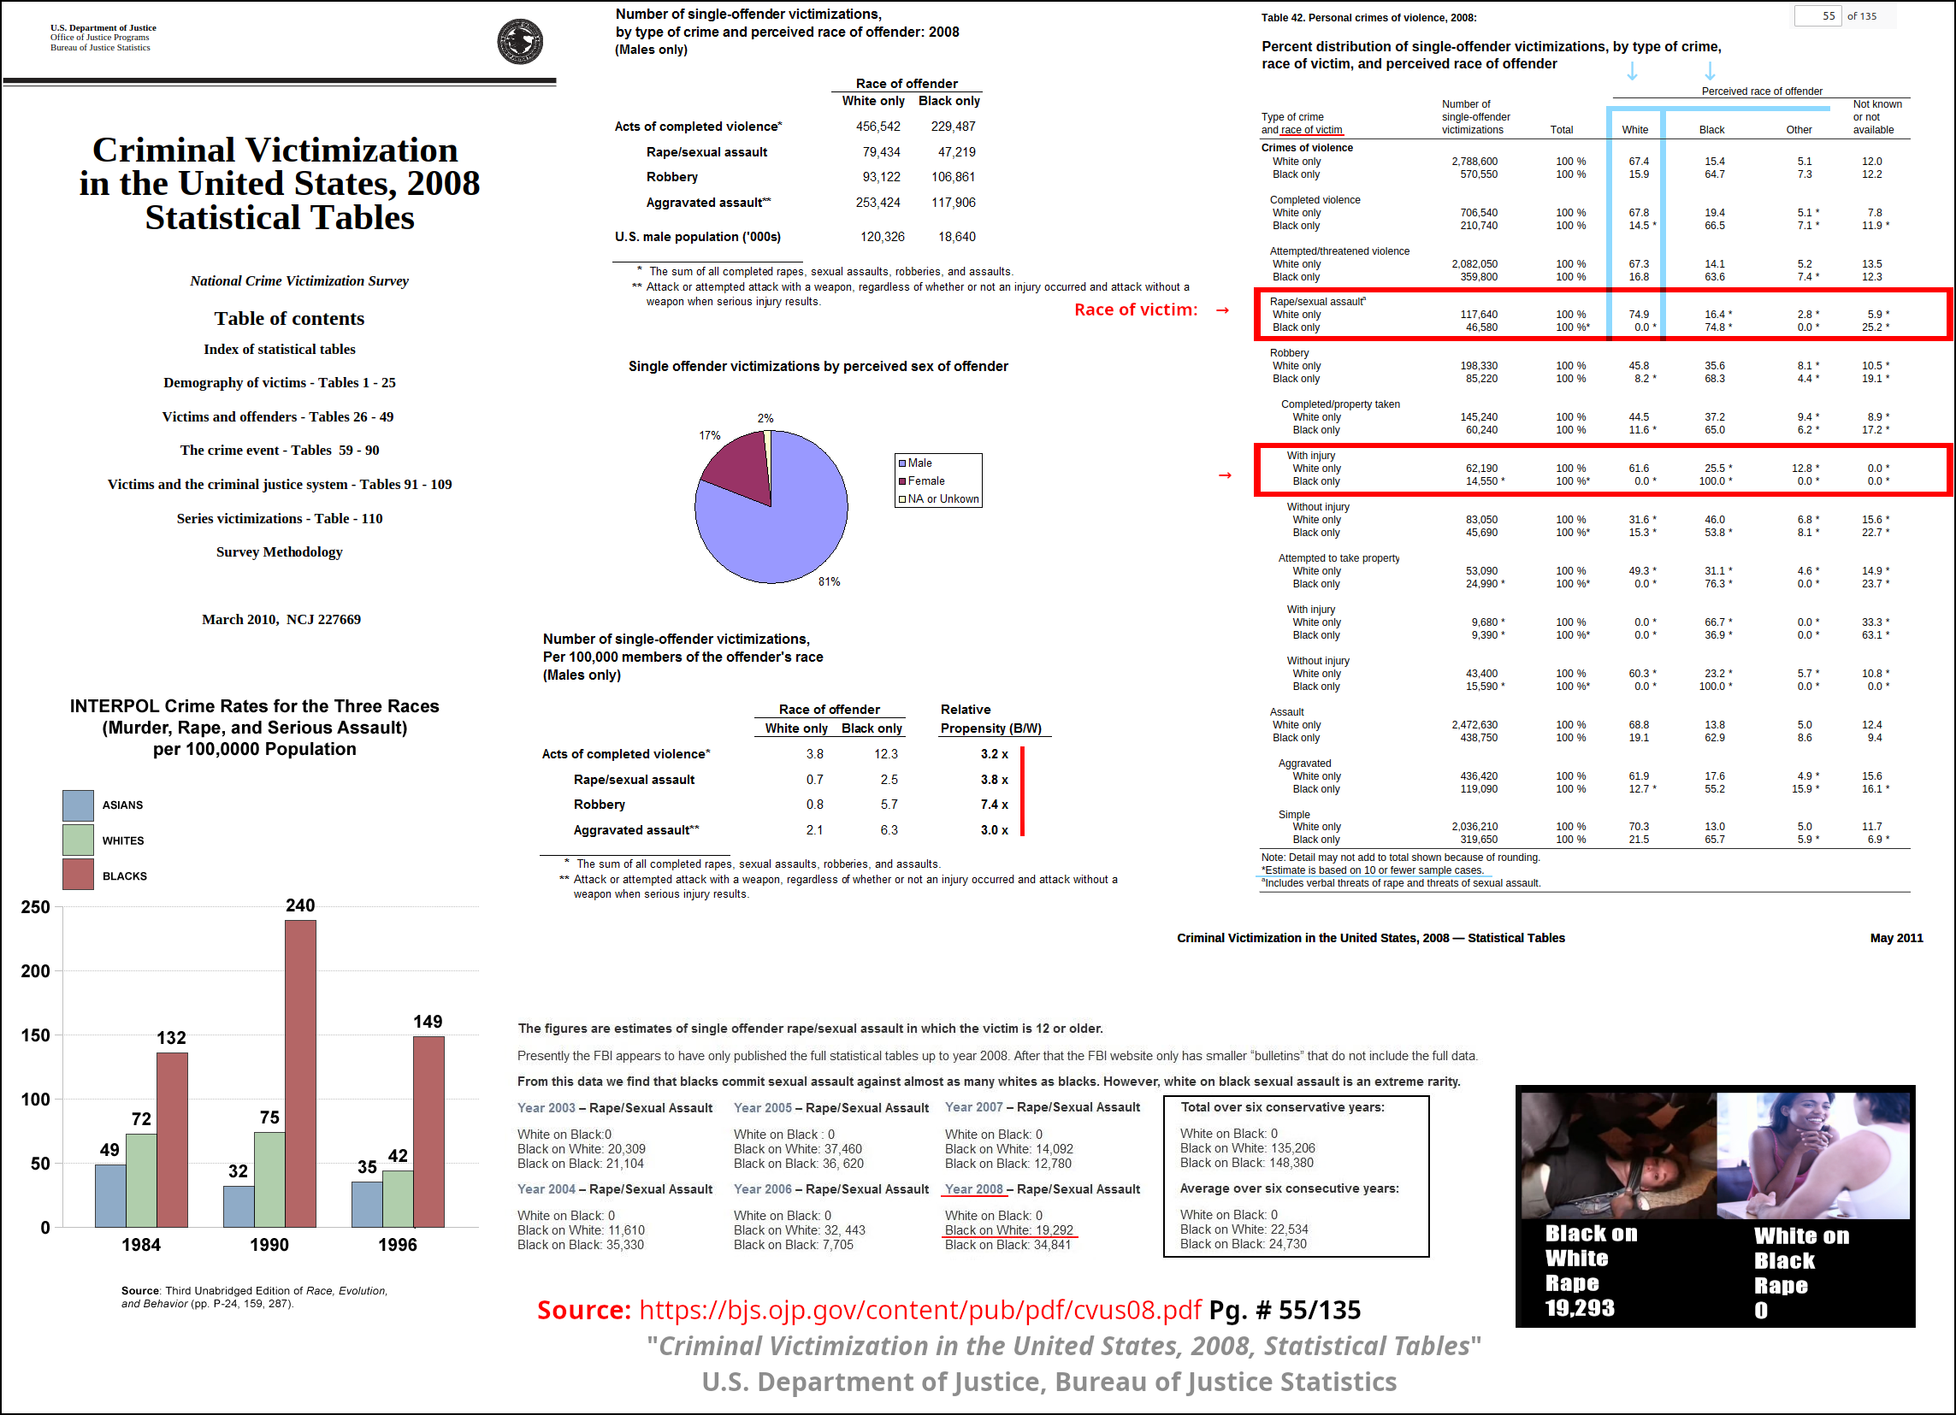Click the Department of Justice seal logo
[520, 41]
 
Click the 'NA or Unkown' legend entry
[938, 498]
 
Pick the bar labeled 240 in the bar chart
[300, 1074]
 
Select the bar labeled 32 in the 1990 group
[239, 1206]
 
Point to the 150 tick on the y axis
[35, 1035]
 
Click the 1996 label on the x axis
[398, 1244]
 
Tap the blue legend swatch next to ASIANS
[78, 805]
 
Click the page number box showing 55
[1818, 16]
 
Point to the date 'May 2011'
[1896, 938]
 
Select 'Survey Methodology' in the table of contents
[280, 551]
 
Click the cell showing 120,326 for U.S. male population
[883, 237]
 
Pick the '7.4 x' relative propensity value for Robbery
[995, 805]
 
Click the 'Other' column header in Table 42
[1799, 130]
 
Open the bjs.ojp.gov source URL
[920, 1310]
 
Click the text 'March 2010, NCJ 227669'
[281, 619]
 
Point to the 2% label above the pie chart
[765, 418]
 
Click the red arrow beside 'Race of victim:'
[1222, 310]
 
